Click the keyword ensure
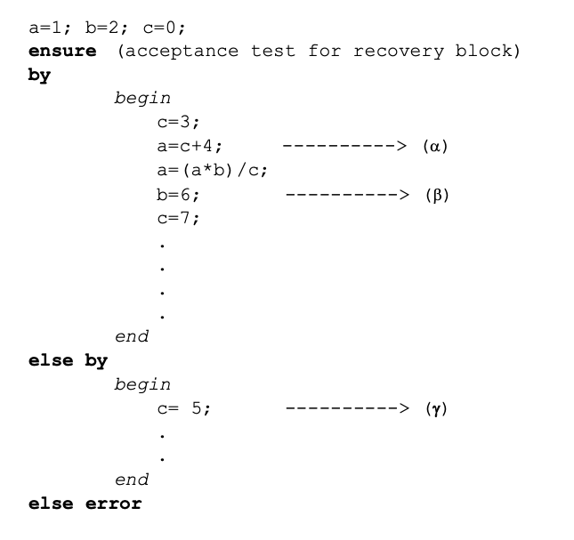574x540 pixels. [x=62, y=51]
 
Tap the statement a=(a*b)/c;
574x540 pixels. [x=212, y=171]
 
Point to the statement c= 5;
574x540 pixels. [x=183, y=409]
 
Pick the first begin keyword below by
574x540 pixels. [x=142, y=99]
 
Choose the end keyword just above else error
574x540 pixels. [x=132, y=480]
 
